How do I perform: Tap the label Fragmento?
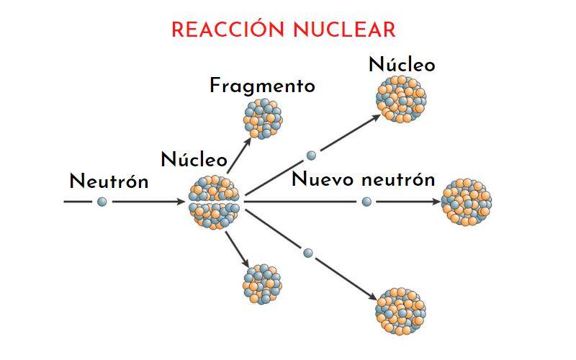point(262,86)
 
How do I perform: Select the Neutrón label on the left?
point(109,181)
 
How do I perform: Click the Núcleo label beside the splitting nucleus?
point(194,159)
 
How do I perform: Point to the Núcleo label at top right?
point(402,65)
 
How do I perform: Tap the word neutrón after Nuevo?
point(398,179)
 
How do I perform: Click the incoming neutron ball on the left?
point(102,202)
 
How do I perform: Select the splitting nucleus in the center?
point(216,202)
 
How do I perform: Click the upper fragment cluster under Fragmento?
point(264,117)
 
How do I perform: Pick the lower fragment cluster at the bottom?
point(263,284)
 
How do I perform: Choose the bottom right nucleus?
point(401,310)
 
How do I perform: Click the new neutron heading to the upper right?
point(311,155)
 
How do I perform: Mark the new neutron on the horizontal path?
point(366,202)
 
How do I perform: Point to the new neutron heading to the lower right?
point(308,253)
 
